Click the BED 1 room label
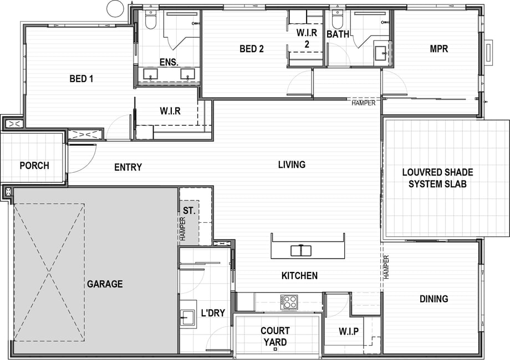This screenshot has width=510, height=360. (81, 79)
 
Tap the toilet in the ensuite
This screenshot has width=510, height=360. (150, 20)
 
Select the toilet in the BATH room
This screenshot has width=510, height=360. (337, 20)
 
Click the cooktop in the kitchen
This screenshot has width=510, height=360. (289, 302)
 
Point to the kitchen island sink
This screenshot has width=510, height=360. (301, 251)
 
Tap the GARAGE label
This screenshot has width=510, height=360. (105, 284)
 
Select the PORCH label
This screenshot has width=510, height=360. (34, 166)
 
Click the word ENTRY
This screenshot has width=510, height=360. (128, 167)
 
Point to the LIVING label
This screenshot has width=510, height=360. (292, 164)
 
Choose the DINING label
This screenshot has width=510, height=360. (434, 299)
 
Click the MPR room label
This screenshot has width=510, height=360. (439, 49)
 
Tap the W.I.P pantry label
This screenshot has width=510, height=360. (349, 331)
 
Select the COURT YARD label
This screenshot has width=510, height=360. (275, 336)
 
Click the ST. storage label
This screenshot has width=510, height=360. (189, 210)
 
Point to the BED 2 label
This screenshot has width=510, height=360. (252, 49)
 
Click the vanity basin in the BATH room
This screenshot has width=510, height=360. (380, 53)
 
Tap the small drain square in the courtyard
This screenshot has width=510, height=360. (275, 349)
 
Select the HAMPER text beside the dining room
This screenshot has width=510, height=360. (386, 267)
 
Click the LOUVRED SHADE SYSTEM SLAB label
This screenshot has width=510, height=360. (437, 178)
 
